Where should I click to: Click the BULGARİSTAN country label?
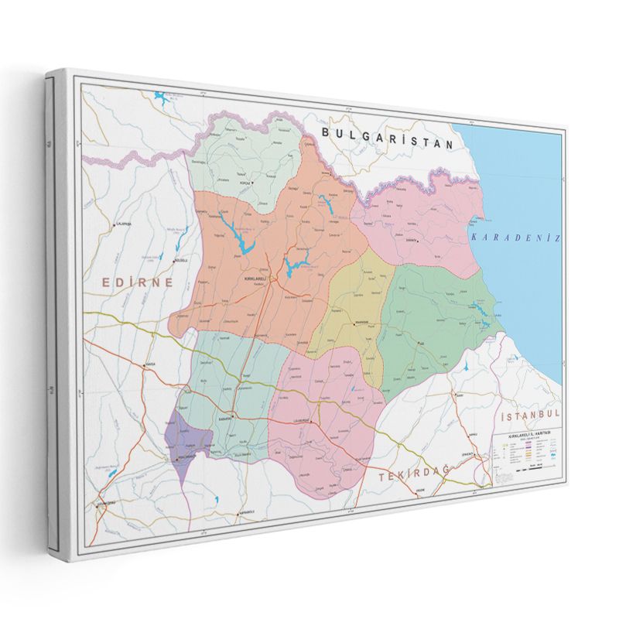coord(387,138)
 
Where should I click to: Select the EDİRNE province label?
coord(139,283)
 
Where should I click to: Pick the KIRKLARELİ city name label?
coord(255,278)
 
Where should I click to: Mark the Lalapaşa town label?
coord(124,224)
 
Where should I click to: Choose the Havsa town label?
coord(149,364)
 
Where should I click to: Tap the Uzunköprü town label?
coord(101,504)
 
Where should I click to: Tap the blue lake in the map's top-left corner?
coord(162,99)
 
